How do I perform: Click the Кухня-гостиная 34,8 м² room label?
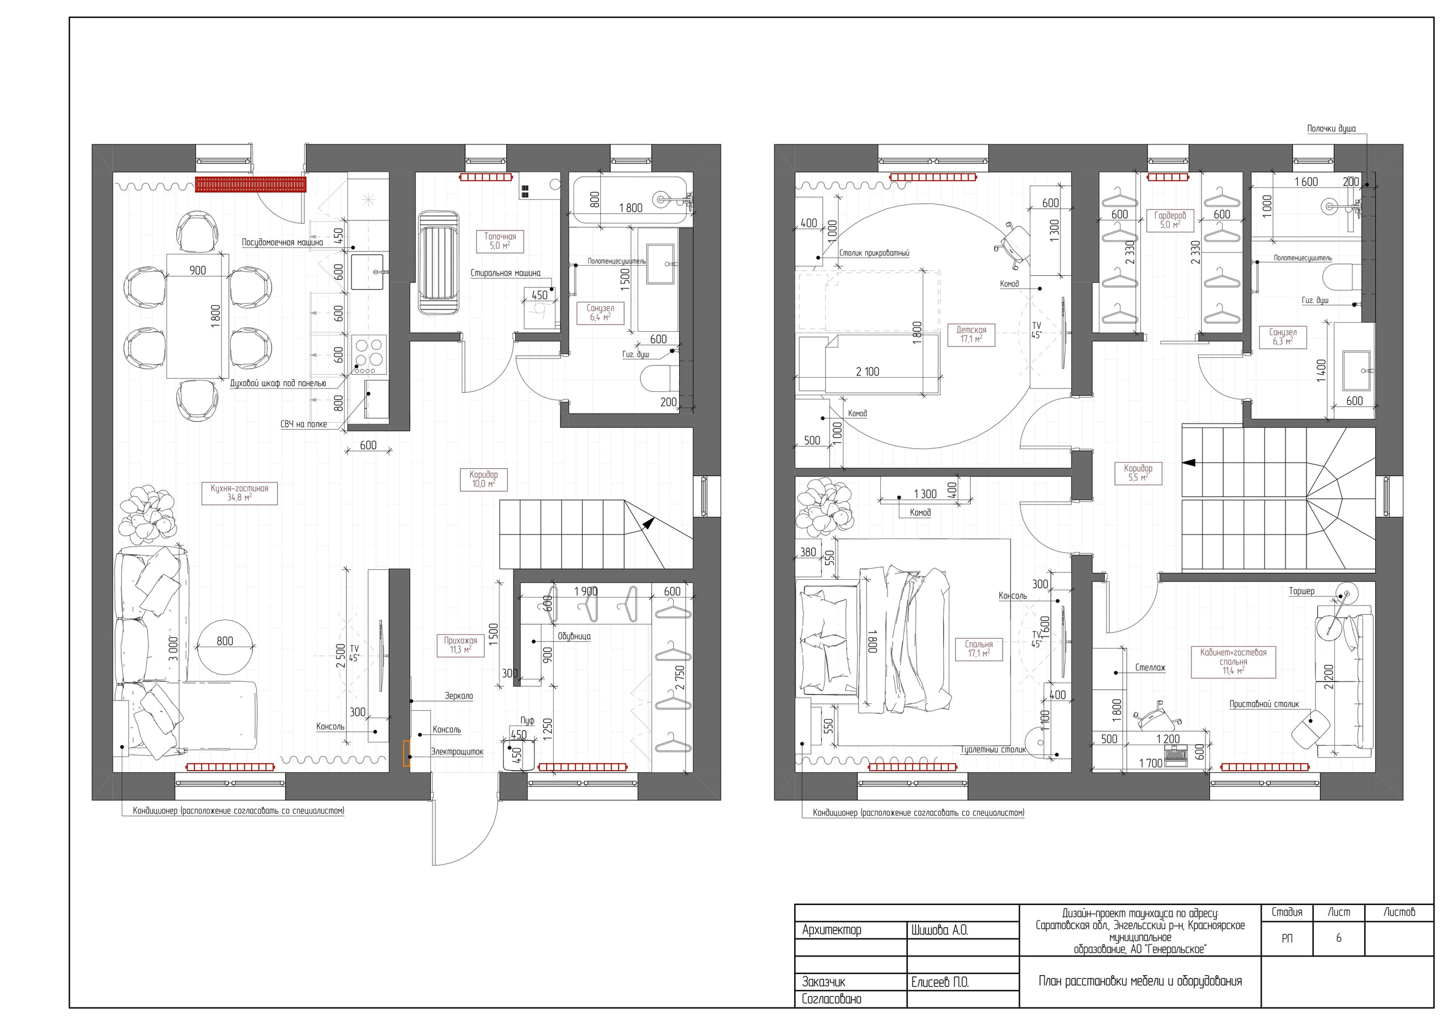point(239,493)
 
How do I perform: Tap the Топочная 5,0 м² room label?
point(500,241)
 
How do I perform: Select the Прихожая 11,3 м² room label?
point(460,645)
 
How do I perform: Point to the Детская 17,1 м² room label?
point(971,334)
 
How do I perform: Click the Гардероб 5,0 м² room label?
point(1170,220)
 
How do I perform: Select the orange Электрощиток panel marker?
point(406,753)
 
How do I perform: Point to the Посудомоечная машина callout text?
point(282,242)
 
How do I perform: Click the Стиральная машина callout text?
point(505,274)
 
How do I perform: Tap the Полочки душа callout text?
point(1331,129)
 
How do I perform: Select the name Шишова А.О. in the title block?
point(939,930)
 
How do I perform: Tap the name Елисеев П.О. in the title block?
point(939,982)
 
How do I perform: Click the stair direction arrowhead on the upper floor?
point(1189,462)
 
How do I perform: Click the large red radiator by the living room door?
point(251,185)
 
